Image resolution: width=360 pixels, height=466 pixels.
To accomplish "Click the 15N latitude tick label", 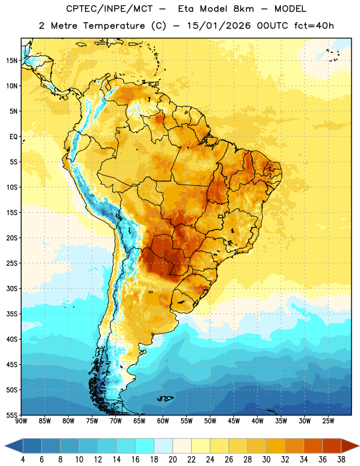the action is coord(12,61).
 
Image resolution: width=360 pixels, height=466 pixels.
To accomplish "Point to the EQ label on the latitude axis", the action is coord(13,137).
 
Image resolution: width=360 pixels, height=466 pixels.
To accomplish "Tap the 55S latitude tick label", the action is coord(12,415).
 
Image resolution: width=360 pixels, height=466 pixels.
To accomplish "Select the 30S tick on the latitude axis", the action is coord(12,288).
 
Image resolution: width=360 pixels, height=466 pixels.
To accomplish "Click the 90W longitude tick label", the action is coord(21,421).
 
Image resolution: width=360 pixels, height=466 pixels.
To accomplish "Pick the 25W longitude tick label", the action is coord(328,421).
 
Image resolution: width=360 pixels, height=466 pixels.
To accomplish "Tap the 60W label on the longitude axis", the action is coord(163,421).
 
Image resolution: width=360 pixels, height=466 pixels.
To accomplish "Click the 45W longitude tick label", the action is coord(234,421).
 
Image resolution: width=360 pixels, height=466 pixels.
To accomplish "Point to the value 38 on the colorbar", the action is coord(341,460).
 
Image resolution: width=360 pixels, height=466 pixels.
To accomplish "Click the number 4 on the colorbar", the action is coord(23,460).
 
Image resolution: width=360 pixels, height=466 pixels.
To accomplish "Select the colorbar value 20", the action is coord(172,460).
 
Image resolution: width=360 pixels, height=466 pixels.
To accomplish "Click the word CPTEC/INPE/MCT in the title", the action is coord(110,9).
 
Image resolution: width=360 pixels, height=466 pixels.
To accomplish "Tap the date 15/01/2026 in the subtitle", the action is coord(219,26).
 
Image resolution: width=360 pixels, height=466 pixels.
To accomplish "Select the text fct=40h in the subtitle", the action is coord(314,26).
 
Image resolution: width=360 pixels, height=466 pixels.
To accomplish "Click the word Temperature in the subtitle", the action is coord(114,26).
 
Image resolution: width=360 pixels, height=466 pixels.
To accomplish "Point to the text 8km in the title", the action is coord(243,9).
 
